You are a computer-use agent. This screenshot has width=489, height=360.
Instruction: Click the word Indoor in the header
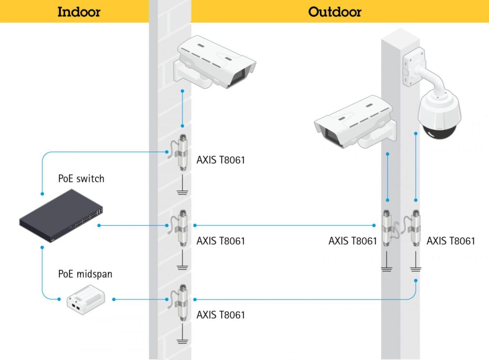79,11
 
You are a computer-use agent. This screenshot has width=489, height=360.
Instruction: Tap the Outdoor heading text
334,11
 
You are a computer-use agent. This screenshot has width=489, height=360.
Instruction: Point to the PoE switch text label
81,179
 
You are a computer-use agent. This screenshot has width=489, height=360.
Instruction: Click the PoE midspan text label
85,274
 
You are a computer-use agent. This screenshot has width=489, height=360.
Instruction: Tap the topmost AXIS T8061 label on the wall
221,160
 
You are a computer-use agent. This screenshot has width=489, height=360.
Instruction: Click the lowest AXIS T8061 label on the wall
221,315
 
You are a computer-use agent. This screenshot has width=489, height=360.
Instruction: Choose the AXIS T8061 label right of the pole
451,241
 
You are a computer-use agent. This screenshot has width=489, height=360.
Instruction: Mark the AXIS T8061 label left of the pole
352,241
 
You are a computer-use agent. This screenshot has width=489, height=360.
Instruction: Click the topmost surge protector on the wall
181,152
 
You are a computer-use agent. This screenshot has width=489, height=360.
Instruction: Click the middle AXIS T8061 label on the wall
221,241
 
